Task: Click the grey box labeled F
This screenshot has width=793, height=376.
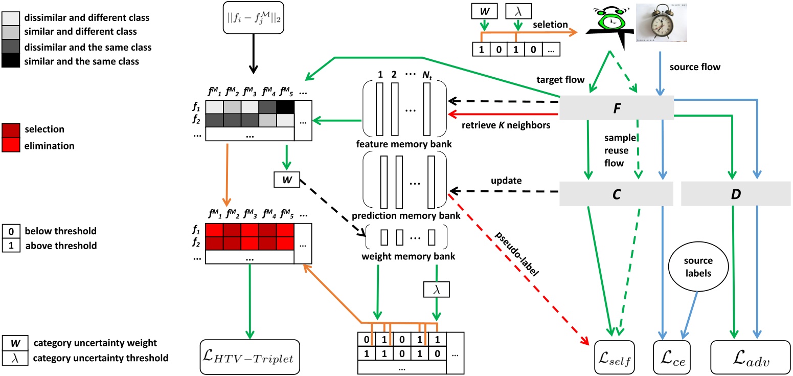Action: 616,108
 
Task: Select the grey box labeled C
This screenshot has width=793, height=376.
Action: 616,194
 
